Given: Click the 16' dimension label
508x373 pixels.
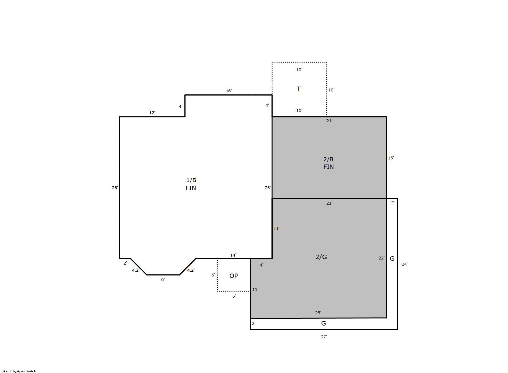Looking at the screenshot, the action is pos(229,91).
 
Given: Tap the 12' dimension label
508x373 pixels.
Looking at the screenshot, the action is pos(152,113).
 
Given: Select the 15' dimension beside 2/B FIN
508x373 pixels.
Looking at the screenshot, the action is pos(391,158).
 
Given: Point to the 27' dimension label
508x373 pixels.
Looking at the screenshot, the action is pos(324,337).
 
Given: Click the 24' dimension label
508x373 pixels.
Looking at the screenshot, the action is pos(404,264).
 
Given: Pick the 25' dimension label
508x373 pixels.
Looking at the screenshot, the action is pos(318,313).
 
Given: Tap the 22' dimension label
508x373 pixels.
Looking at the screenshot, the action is pos(381,258).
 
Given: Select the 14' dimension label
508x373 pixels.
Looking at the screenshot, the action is pos(233,255).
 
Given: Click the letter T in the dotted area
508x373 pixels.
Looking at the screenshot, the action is pos(299,89).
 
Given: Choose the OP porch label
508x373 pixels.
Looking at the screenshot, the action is pos(234,276).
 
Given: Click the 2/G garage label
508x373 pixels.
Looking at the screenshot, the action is pos(321,257).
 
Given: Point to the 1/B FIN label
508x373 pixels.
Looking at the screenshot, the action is pos(191,184).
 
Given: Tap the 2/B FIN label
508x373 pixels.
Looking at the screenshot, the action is pos(329,163).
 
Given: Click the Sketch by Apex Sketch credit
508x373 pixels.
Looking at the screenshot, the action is pos(19,371).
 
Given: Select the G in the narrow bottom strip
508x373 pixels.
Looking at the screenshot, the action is pos(324,324).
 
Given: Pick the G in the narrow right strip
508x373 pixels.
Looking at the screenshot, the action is pos(392,259).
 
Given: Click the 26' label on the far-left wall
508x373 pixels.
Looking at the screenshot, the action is pos(115,188).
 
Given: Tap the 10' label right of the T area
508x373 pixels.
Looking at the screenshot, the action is pos(331,90).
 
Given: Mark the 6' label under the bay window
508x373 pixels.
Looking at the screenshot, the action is pos(163,280).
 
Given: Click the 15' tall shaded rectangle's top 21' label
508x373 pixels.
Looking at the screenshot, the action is pos(329,121).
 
